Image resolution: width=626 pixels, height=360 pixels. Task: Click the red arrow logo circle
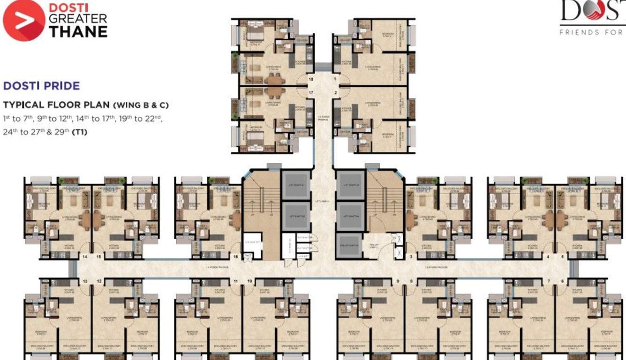[23, 21]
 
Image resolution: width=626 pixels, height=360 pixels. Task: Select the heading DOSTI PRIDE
[41, 86]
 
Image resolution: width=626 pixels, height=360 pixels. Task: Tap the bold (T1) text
[80, 132]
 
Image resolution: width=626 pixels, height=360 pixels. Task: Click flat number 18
[310, 80]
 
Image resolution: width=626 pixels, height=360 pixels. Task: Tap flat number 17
[310, 93]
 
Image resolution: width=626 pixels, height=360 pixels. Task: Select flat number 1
[335, 80]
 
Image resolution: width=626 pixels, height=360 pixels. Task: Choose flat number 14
[85, 257]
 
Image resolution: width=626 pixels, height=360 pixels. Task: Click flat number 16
[235, 257]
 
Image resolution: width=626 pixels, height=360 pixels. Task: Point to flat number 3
[411, 257]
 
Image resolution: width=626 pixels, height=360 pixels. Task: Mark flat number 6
[563, 281]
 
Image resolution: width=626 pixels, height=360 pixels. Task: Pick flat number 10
[249, 281]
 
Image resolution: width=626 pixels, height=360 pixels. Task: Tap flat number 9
[398, 281]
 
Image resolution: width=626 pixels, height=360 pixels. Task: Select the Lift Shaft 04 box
[350, 216]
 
